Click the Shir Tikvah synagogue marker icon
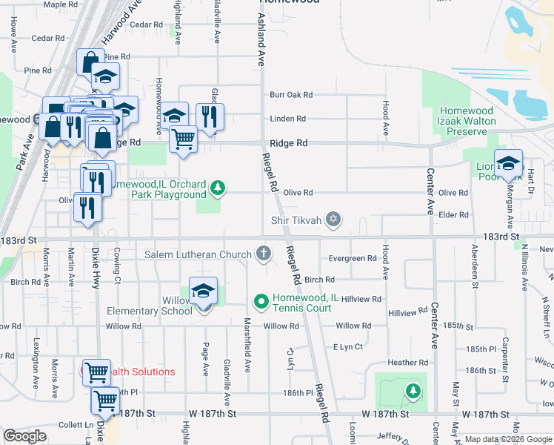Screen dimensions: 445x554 click(x=334, y=219)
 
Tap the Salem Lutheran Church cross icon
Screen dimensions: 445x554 click(x=262, y=254)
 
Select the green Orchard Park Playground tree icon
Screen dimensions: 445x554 click(x=217, y=188)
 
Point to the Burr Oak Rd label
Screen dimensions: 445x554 click(x=291, y=95)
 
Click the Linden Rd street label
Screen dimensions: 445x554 click(x=288, y=119)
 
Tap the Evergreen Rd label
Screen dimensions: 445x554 click(x=353, y=259)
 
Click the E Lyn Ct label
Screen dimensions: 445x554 click(x=348, y=346)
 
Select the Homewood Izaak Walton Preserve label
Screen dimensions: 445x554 click(x=467, y=121)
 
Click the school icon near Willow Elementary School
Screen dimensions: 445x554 click(x=203, y=292)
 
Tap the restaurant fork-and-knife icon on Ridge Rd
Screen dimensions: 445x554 click(x=210, y=116)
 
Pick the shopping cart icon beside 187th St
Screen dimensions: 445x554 click(x=105, y=401)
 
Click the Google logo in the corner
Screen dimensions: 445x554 click(x=25, y=436)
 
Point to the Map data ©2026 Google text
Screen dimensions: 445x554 click(x=508, y=439)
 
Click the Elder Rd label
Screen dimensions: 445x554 click(x=453, y=214)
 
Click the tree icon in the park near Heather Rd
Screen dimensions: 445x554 click(x=413, y=390)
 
